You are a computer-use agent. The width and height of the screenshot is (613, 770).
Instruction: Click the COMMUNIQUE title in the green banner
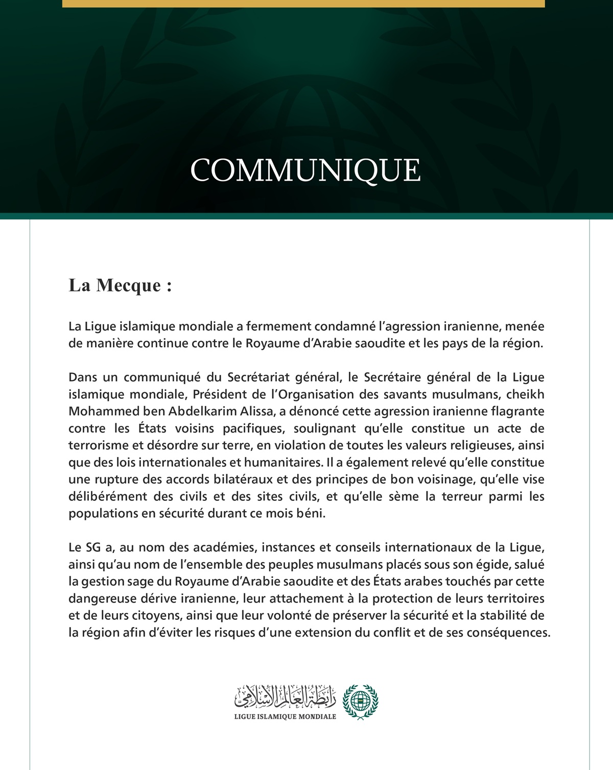(x=305, y=170)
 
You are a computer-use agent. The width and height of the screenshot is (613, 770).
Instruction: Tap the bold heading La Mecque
(x=120, y=285)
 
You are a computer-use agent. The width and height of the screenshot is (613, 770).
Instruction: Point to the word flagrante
(x=518, y=411)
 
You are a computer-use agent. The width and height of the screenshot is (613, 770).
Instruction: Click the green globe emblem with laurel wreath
(x=361, y=702)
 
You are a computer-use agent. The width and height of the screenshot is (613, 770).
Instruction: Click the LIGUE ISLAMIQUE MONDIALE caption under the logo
(x=285, y=716)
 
